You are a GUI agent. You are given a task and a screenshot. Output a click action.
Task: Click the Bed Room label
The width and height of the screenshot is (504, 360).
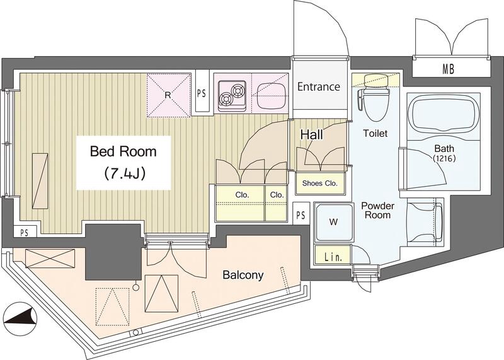click(123, 151)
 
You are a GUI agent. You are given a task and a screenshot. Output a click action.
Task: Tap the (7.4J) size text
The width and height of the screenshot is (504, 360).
click(124, 173)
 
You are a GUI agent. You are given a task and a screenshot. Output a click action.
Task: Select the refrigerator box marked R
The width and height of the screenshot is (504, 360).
click(168, 95)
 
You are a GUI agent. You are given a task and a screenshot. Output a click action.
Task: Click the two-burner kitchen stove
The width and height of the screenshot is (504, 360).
click(232, 95)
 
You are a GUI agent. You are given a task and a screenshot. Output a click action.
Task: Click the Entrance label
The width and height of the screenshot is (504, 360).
click(319, 86)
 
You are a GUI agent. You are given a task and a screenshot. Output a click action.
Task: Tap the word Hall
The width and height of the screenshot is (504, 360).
click(311, 135)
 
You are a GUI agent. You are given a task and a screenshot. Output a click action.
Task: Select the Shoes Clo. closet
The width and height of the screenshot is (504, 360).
click(320, 183)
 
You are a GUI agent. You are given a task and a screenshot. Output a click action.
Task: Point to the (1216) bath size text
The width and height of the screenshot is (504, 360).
click(444, 158)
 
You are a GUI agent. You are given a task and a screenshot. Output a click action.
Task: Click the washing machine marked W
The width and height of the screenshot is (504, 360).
click(334, 222)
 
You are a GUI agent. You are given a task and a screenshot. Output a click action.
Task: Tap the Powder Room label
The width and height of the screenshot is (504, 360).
click(377, 211)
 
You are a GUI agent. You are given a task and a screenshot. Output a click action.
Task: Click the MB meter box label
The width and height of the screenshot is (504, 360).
click(448, 69)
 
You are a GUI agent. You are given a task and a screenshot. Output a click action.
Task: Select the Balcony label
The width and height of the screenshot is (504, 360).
click(243, 275)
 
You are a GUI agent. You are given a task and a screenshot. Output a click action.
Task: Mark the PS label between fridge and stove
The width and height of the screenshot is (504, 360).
click(202, 93)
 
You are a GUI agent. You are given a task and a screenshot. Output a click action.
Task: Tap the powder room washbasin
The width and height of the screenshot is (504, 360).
click(425, 222)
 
